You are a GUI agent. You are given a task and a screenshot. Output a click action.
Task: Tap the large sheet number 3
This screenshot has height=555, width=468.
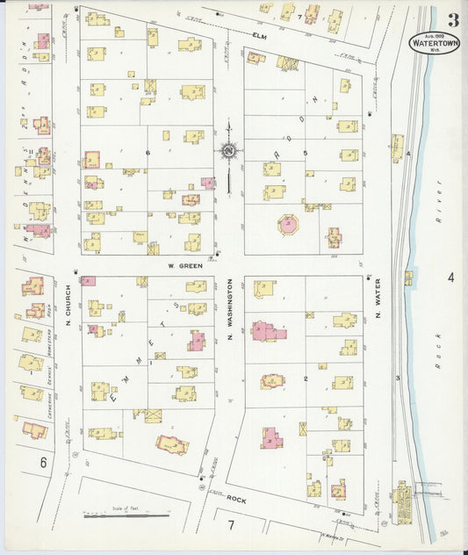(453, 19)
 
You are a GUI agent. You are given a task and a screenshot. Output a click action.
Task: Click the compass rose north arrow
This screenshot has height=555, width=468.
(228, 154)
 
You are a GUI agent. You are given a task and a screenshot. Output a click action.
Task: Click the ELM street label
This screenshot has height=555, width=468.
(259, 36)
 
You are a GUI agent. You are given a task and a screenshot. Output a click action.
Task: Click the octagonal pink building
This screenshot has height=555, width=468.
(289, 224)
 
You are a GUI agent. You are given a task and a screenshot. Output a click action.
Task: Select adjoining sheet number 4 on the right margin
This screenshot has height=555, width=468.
(450, 277)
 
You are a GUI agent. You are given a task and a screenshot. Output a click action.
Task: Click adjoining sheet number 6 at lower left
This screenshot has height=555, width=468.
(42, 461)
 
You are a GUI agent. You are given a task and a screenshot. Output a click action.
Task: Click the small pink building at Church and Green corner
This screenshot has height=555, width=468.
(88, 281)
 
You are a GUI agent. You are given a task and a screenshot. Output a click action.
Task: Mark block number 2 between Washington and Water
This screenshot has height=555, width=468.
(305, 378)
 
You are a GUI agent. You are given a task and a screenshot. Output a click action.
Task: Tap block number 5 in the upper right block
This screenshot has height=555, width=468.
(306, 155)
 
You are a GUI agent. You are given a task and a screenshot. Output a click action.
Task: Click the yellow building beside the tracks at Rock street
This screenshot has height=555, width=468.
(404, 501)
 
